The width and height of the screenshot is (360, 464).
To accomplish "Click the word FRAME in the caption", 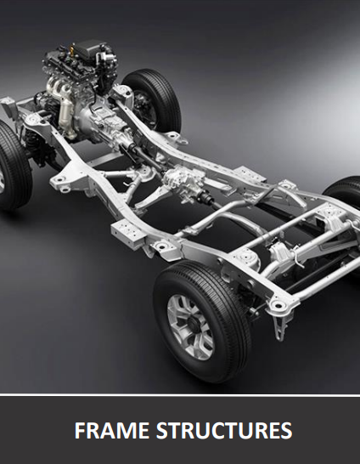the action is point(112,430).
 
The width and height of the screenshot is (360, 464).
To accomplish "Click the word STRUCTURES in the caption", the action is point(224,430).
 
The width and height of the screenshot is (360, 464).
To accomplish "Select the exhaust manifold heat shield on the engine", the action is point(66,114).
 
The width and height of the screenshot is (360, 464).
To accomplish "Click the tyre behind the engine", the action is point(152,99).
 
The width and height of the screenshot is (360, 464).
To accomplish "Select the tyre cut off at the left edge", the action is point(14,166).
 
